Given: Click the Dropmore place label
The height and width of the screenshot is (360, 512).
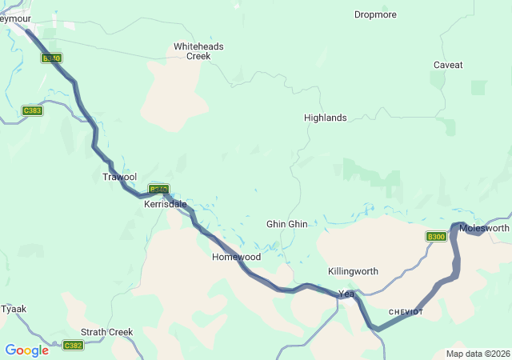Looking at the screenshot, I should pyautogui.click(x=375, y=14).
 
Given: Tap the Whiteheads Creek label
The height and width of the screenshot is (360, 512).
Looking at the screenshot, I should pyautogui.click(x=198, y=51).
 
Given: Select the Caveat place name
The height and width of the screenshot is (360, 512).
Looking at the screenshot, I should pyautogui.click(x=448, y=65).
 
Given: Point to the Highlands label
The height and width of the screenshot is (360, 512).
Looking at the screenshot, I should pyautogui.click(x=326, y=118).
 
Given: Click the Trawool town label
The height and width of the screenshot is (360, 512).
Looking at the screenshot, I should pyautogui.click(x=119, y=176).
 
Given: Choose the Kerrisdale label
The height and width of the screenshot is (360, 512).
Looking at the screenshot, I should pyautogui.click(x=165, y=204).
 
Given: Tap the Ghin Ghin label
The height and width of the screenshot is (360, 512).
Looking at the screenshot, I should pyautogui.click(x=286, y=224).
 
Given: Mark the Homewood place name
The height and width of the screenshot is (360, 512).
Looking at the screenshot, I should pyautogui.click(x=236, y=257).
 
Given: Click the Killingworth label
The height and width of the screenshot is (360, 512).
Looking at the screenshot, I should pyautogui.click(x=353, y=271).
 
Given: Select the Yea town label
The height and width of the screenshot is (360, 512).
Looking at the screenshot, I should pyautogui.click(x=346, y=293).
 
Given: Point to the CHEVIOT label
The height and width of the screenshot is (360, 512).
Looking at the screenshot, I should pyautogui.click(x=406, y=311).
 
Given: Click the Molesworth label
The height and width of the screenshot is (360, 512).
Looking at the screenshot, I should pyautogui.click(x=484, y=228).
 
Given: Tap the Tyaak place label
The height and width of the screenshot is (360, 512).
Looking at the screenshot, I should pyautogui.click(x=14, y=308).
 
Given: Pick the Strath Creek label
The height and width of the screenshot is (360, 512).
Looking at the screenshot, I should pyautogui.click(x=106, y=331).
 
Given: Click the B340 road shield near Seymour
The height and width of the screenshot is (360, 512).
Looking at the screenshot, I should pyautogui.click(x=52, y=58).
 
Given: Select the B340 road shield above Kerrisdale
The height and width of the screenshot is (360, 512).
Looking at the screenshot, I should pyautogui.click(x=158, y=190).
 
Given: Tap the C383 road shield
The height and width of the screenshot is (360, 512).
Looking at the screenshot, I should pyautogui.click(x=33, y=110).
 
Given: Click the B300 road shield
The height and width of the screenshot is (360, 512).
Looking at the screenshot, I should pyautogui.click(x=436, y=237).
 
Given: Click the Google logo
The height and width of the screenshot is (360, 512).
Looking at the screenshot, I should pyautogui.click(x=26, y=350).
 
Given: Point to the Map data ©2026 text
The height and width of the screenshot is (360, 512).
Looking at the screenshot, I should pyautogui.click(x=477, y=354).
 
